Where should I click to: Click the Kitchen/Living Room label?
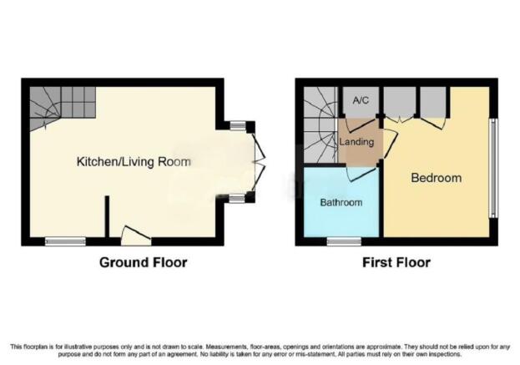134,162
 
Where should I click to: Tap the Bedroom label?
436,178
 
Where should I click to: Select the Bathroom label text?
341,202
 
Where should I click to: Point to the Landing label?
356,142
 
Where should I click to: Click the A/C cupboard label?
361,100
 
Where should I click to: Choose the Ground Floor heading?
144,262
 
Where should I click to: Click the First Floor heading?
396,262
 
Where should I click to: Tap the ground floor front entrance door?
136,236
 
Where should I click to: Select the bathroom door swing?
361,174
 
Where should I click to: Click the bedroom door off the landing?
391,144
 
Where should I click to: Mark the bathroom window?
344,241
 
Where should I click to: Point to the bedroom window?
493,168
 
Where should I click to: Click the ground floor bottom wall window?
65,241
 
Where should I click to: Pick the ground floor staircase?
63,109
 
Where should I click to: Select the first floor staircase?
321,125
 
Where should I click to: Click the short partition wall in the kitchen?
107,216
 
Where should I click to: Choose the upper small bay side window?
238,125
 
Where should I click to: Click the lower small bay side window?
238,199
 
